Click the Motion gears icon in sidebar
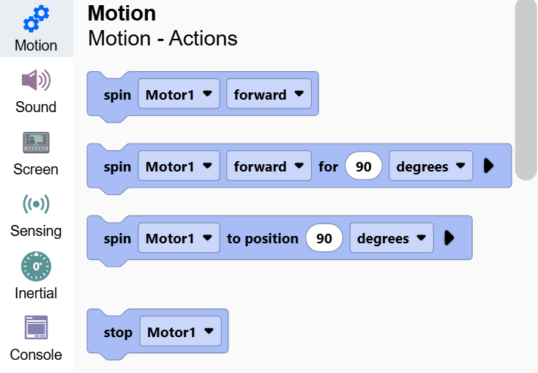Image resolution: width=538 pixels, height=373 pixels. coord(36,18)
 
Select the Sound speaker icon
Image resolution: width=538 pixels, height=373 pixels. coord(36,80)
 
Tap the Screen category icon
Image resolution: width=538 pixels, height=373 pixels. coord(36,143)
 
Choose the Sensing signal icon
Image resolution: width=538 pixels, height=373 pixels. coord(36,204)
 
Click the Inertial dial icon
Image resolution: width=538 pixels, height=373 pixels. coord(36,266)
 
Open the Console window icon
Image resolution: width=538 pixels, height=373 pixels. coord(36,328)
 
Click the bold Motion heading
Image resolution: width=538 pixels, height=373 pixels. coord(122,13)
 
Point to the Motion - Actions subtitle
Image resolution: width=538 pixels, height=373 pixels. coord(162,38)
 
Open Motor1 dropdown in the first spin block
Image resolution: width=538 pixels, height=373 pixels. coord(179,94)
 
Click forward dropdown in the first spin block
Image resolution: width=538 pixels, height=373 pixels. coord(269,94)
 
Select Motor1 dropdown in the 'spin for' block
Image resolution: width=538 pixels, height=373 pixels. coord(179,166)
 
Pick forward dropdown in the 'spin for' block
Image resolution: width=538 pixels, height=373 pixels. coord(269,166)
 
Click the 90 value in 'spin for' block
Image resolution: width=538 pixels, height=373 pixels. coord(364,166)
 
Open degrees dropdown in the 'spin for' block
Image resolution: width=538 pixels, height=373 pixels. coord(431,166)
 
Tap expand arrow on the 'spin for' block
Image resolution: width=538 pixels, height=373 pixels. coord(488,166)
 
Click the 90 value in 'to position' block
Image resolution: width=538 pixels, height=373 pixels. coord(324,238)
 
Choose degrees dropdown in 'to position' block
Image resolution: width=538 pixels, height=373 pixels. coord(392,238)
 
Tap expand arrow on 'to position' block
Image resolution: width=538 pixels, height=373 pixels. coord(449,237)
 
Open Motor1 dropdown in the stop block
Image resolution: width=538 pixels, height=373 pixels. coord(181,331)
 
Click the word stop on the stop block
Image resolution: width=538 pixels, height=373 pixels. coord(118,332)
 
